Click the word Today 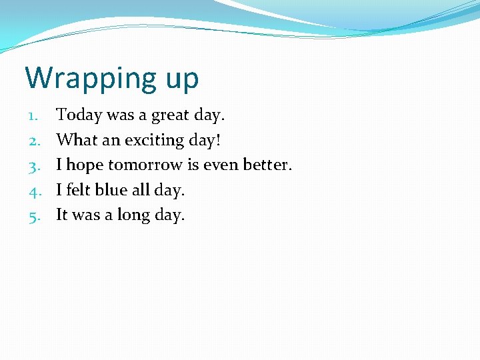tap(79, 115)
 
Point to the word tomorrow tap(145, 165)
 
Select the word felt tap(78, 190)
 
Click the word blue tap(111, 190)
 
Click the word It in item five tap(61, 215)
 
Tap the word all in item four tap(140, 190)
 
